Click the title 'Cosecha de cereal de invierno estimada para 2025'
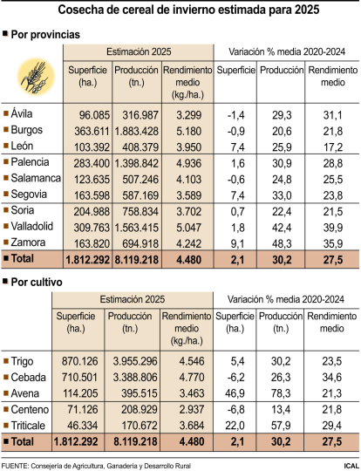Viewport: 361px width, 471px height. tap(180, 10)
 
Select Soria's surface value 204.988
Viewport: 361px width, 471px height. tap(86, 211)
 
